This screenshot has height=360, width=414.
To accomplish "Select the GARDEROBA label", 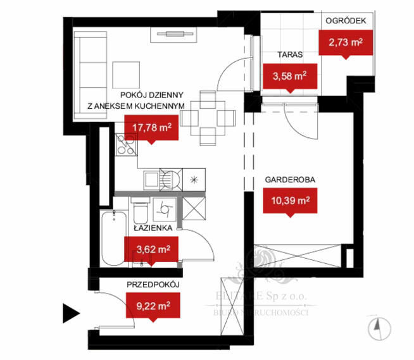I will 290,179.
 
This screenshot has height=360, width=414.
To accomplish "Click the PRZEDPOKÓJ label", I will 154,286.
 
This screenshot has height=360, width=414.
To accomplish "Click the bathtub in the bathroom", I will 116,240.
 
